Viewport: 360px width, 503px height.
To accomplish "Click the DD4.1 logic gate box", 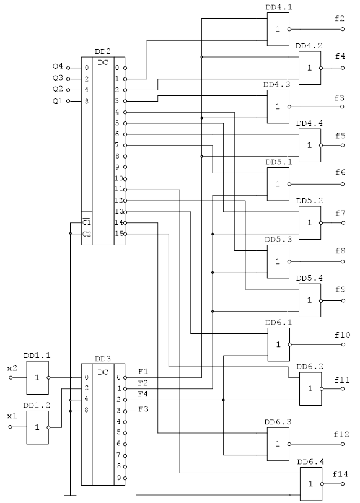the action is point(278,29).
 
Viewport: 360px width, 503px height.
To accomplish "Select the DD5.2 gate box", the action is point(310,222).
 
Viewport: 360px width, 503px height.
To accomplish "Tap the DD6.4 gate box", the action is point(311,484).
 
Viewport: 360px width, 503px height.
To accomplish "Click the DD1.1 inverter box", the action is point(38,378).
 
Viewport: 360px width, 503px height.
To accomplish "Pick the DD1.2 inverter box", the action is point(38,427).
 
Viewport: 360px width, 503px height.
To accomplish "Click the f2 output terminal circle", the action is point(343,29).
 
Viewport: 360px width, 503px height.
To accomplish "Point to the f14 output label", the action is point(340,474).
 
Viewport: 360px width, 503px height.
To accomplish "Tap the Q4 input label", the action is point(58,67).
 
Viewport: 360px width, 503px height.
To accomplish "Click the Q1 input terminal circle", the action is point(68,101).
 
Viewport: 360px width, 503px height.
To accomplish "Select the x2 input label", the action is point(12,368).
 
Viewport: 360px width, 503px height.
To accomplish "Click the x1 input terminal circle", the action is point(11,427).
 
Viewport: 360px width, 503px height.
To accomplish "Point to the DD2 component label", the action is point(103,51).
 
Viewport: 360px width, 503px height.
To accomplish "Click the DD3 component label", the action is point(103,359).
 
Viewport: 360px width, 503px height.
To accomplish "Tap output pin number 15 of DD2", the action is point(119,234).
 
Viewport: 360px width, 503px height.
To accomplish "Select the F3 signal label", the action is point(143,409).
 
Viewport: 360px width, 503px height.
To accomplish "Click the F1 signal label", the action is point(143,372).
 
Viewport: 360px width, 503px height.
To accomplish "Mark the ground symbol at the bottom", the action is point(70,496).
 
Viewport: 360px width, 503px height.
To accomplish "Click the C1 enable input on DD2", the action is point(87,222).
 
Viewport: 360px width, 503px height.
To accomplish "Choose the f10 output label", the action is point(343,335).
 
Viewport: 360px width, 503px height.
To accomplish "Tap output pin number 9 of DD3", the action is point(118,478).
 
